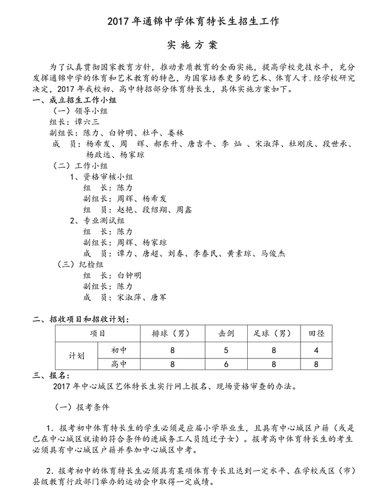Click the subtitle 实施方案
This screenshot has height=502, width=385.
pos(192,45)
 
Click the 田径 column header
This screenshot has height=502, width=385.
pos(316,334)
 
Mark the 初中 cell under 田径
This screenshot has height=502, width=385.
pos(316,350)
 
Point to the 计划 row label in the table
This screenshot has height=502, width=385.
pos(77,357)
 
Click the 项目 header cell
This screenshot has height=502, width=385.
pos(98,334)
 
